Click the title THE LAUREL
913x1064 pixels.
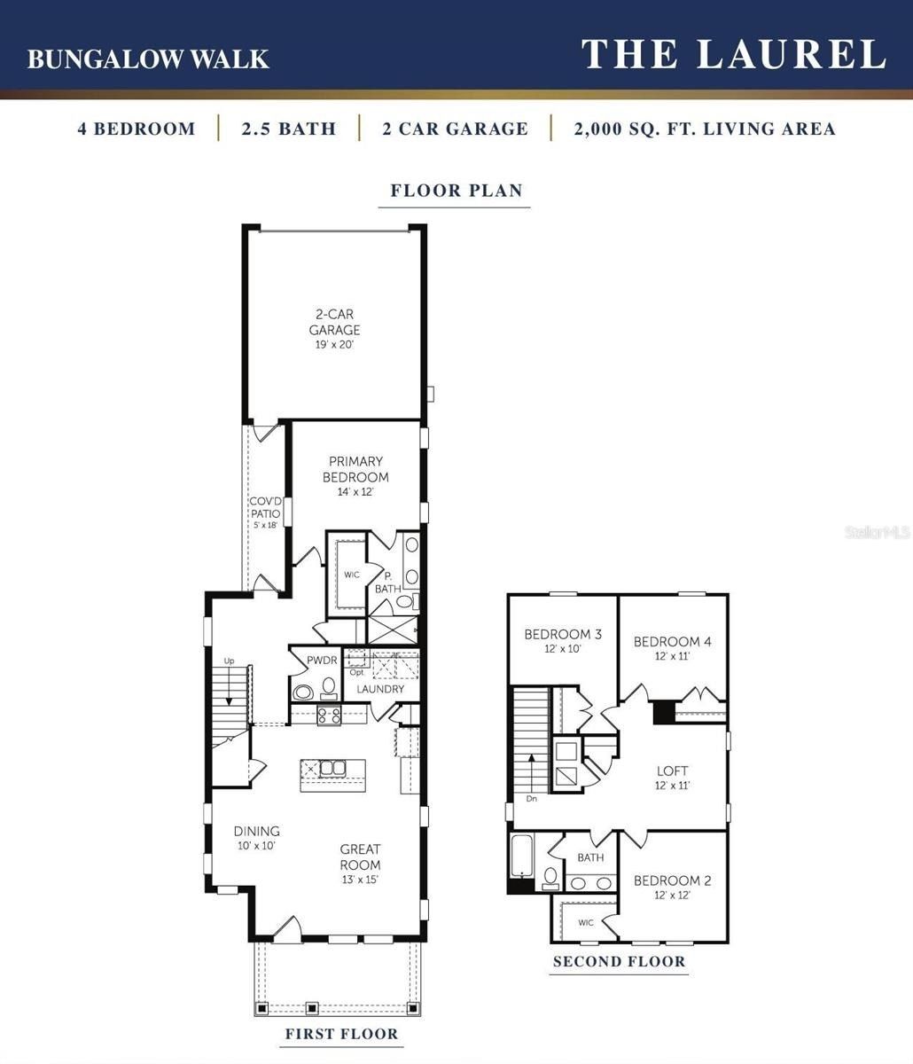click(x=734, y=54)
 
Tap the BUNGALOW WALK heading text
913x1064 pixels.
click(x=148, y=59)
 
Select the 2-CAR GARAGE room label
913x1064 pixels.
click(x=334, y=323)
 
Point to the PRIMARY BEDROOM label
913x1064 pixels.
click(x=355, y=470)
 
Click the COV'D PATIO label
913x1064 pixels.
click(x=264, y=508)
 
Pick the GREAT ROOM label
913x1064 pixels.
click(x=360, y=857)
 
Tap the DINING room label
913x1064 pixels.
click(x=256, y=832)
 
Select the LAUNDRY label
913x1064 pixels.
click(x=380, y=689)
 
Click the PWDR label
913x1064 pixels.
click(x=322, y=661)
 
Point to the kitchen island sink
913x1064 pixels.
click(x=332, y=768)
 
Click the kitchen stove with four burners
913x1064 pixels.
click(x=330, y=716)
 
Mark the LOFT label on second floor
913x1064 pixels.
click(x=672, y=771)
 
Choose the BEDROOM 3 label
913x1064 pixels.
click(x=563, y=635)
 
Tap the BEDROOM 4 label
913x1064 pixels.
click(x=672, y=642)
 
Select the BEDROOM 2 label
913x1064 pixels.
click(x=672, y=881)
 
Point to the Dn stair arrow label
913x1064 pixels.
click(x=531, y=798)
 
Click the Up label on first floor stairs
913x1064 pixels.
click(x=229, y=661)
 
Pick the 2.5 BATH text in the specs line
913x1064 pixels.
click(x=289, y=129)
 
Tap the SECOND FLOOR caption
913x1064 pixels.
click(x=619, y=962)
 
